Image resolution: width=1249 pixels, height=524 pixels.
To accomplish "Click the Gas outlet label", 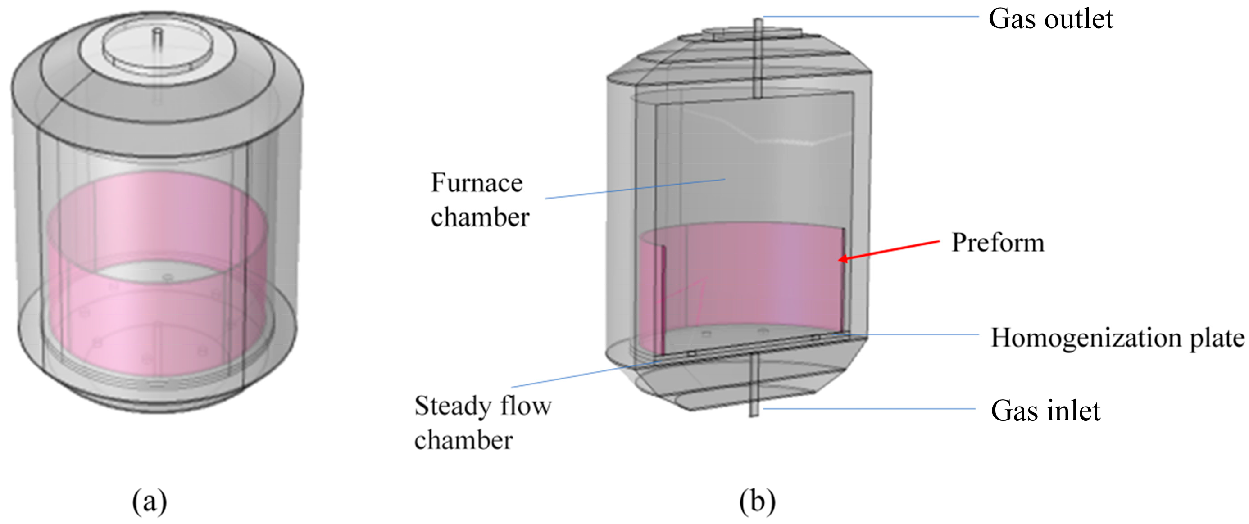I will tap(1050, 19).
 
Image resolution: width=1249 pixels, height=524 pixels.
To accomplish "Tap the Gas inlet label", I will tap(1045, 411).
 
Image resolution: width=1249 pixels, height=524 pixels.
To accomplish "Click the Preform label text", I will tap(998, 242).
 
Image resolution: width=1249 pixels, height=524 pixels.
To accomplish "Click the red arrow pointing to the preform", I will tap(889, 250).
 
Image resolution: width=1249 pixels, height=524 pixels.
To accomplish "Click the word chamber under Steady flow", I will tap(463, 441).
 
